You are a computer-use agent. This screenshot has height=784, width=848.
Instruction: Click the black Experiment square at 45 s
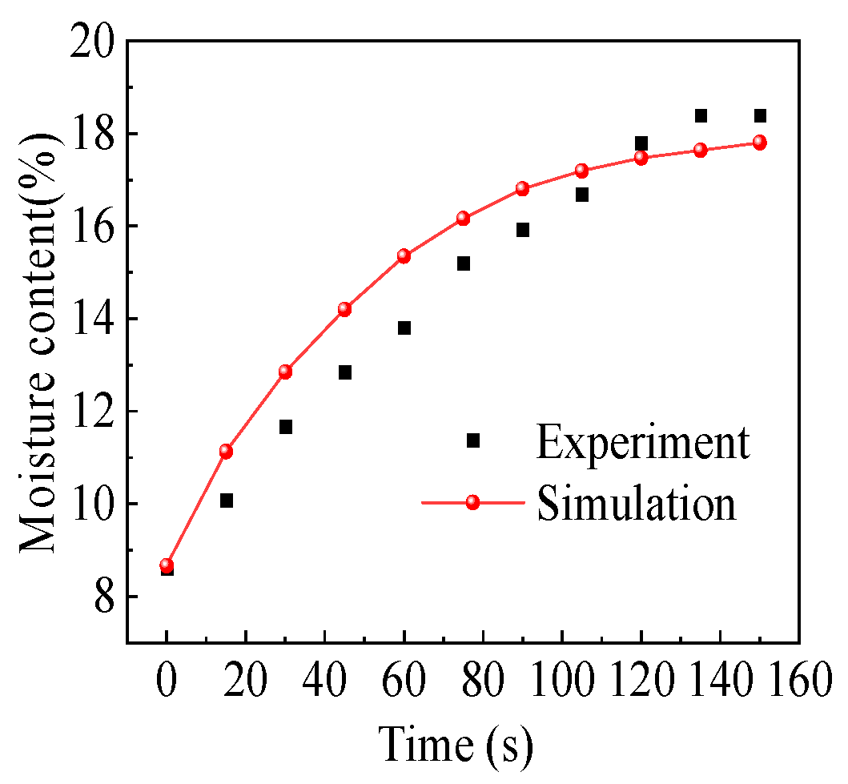[x=345, y=372]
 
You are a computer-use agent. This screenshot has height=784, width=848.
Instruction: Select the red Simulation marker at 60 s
[x=404, y=256]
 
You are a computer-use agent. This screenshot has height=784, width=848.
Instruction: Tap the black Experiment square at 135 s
[x=701, y=116]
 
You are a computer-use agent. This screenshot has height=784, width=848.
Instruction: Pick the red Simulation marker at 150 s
[x=759, y=143]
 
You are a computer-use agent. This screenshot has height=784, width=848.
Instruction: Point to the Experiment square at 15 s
[x=227, y=501]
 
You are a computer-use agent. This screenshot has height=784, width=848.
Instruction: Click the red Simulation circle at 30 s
[x=285, y=372]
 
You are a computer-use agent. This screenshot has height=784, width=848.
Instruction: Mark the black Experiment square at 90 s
[x=523, y=230]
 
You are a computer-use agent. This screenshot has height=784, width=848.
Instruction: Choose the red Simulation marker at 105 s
[x=582, y=171]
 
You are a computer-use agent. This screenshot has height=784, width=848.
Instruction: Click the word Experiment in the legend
[x=643, y=441]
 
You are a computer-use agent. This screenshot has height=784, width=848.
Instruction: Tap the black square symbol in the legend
[x=472, y=440]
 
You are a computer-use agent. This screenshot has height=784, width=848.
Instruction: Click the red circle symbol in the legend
[x=472, y=502]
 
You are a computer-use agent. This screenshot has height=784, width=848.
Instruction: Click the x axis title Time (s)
[x=456, y=744]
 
